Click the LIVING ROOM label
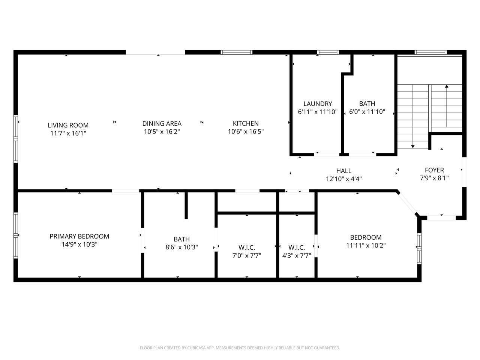pos(68,125)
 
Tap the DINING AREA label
pos(162,123)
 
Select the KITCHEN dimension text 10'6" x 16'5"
pos(246,131)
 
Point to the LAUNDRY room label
pos(318,103)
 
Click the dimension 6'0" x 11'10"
pos(367,112)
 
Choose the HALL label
pos(343,171)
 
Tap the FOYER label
pos(434,170)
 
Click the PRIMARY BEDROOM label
pos(79,236)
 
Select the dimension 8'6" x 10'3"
pos(181,247)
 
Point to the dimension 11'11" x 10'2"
pos(366,246)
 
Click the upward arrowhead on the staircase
pos(447,86)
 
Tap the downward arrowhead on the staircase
pos(412,147)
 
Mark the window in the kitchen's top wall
pos(236,52)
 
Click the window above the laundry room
pos(328,52)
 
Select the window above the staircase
pos(430,52)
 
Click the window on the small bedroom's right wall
pos(419,249)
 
